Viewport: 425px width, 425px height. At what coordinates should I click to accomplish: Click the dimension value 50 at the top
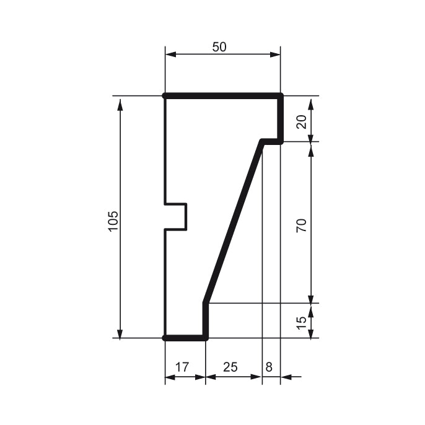(219, 48)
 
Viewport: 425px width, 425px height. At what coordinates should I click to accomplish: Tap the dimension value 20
(302, 120)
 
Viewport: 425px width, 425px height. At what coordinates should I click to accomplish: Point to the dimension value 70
(302, 225)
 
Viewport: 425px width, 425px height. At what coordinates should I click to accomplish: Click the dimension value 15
(302, 322)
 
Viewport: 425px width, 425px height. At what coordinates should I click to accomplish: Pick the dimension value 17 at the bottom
(182, 367)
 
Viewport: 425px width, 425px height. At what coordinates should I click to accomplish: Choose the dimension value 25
(230, 367)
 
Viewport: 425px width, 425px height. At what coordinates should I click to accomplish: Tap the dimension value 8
(268, 367)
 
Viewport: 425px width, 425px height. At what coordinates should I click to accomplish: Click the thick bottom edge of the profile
(185, 338)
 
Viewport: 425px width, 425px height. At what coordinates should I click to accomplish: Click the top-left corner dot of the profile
(165, 96)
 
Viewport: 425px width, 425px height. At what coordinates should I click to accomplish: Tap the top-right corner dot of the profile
(280, 96)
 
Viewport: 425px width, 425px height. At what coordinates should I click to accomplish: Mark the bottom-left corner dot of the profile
(165, 338)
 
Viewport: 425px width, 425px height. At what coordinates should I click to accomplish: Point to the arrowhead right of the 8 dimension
(287, 376)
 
